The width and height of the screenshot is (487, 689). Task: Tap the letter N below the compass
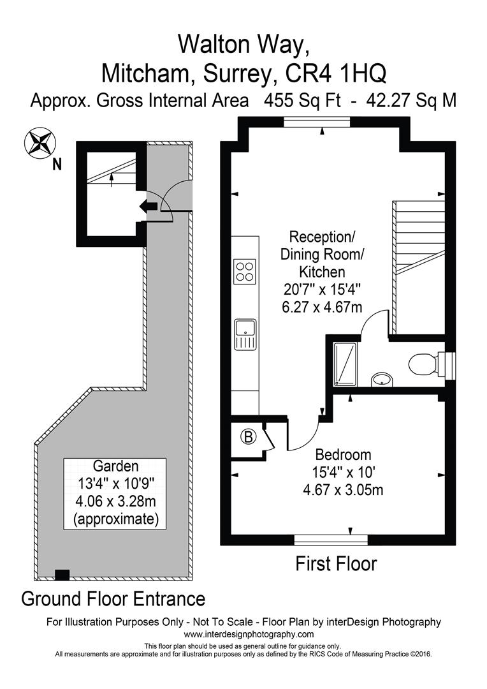[57, 165]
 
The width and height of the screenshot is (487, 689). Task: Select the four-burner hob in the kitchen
[245, 270]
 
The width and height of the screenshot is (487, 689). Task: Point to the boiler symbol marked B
[248, 437]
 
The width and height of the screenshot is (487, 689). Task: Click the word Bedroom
[344, 455]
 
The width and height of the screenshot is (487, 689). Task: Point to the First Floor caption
[336, 564]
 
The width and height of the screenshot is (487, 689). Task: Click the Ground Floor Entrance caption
[113, 599]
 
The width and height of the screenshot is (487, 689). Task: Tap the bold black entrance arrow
[149, 205]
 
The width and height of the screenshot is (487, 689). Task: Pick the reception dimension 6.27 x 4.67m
[323, 307]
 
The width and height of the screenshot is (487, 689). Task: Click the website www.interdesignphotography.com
[249, 634]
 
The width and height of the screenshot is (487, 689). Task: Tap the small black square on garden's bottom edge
[62, 575]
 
